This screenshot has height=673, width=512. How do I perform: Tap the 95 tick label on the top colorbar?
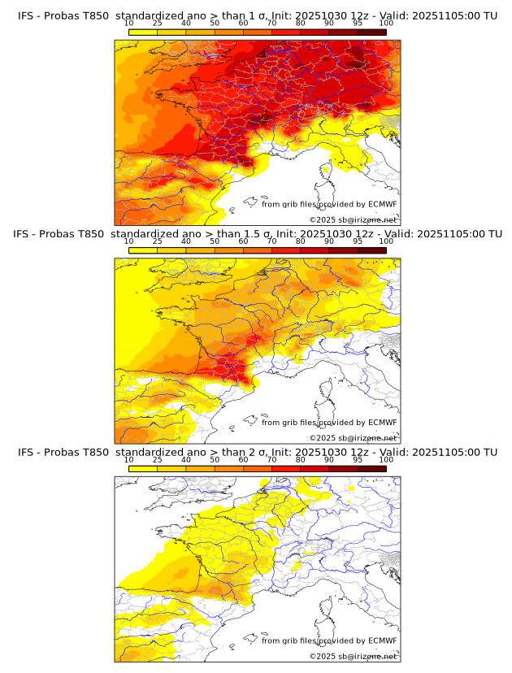(358, 23)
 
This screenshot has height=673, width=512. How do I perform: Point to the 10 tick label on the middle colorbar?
(129, 241)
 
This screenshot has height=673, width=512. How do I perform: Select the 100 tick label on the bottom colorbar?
(386, 459)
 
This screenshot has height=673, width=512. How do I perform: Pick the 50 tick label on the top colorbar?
(215, 23)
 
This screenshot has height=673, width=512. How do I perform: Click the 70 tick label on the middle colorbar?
(272, 241)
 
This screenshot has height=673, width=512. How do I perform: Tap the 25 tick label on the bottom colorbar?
(158, 459)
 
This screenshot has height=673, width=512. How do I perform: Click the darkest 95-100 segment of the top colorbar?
(372, 31)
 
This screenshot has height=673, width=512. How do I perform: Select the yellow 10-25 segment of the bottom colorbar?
(143, 468)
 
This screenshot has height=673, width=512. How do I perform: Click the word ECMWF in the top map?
(382, 204)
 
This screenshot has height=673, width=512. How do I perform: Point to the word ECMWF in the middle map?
(382, 422)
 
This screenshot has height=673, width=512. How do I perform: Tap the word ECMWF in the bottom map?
(382, 640)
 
